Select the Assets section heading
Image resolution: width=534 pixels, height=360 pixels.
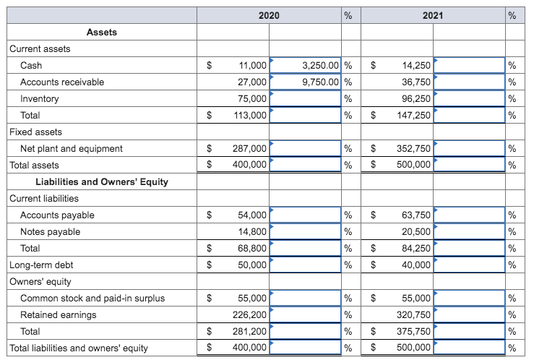101,32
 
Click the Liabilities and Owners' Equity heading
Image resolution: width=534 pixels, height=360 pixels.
102,181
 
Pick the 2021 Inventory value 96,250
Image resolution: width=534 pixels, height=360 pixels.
416,98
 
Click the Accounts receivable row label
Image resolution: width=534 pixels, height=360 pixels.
62,82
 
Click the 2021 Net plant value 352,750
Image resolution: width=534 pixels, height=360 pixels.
414,148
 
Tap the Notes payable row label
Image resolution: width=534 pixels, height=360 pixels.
51,231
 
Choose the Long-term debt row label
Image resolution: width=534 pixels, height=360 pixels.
41,265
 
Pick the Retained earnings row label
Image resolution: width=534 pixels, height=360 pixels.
59,314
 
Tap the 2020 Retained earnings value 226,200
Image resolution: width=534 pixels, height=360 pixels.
249,314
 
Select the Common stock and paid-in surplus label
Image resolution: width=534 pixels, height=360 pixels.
92,298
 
